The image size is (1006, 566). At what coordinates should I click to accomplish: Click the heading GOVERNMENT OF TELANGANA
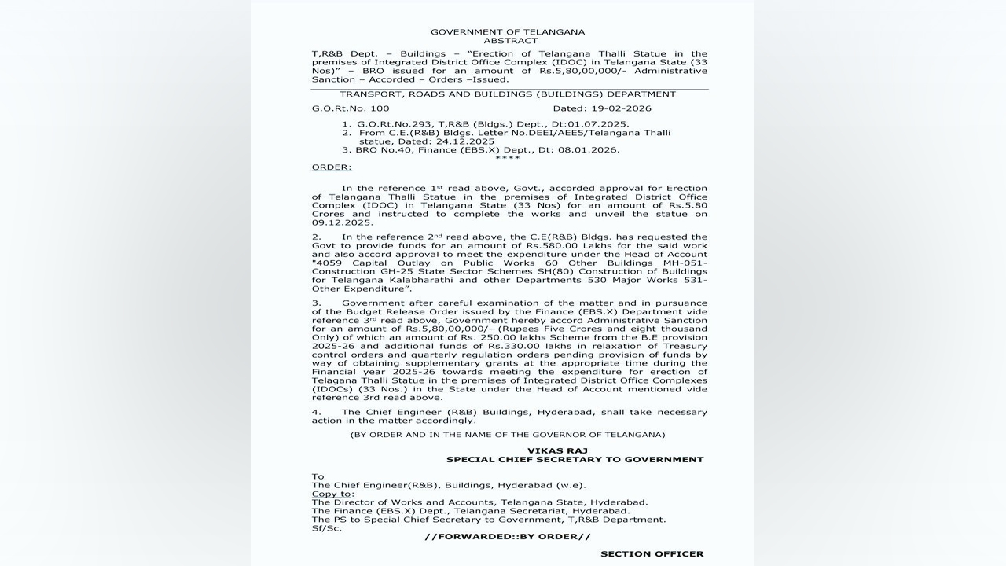tap(508, 31)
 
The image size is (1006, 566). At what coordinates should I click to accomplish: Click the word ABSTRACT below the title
tap(511, 40)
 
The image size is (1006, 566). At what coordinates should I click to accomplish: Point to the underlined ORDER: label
tap(332, 167)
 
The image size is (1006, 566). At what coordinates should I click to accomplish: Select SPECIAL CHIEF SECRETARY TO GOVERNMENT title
tap(575, 459)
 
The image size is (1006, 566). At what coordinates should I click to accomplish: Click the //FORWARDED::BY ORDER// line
tap(508, 536)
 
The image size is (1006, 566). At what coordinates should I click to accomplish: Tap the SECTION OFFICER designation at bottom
tap(652, 553)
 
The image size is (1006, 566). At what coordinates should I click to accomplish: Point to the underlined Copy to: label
tap(332, 494)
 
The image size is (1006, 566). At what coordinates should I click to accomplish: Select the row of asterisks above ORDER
tap(508, 158)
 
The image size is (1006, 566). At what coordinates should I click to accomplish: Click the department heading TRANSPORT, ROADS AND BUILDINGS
tap(508, 94)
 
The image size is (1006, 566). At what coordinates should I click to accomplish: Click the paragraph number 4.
tap(316, 412)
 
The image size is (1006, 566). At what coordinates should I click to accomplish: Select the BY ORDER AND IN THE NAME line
tap(508, 434)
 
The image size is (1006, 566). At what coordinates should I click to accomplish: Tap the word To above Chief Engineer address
tap(318, 476)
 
